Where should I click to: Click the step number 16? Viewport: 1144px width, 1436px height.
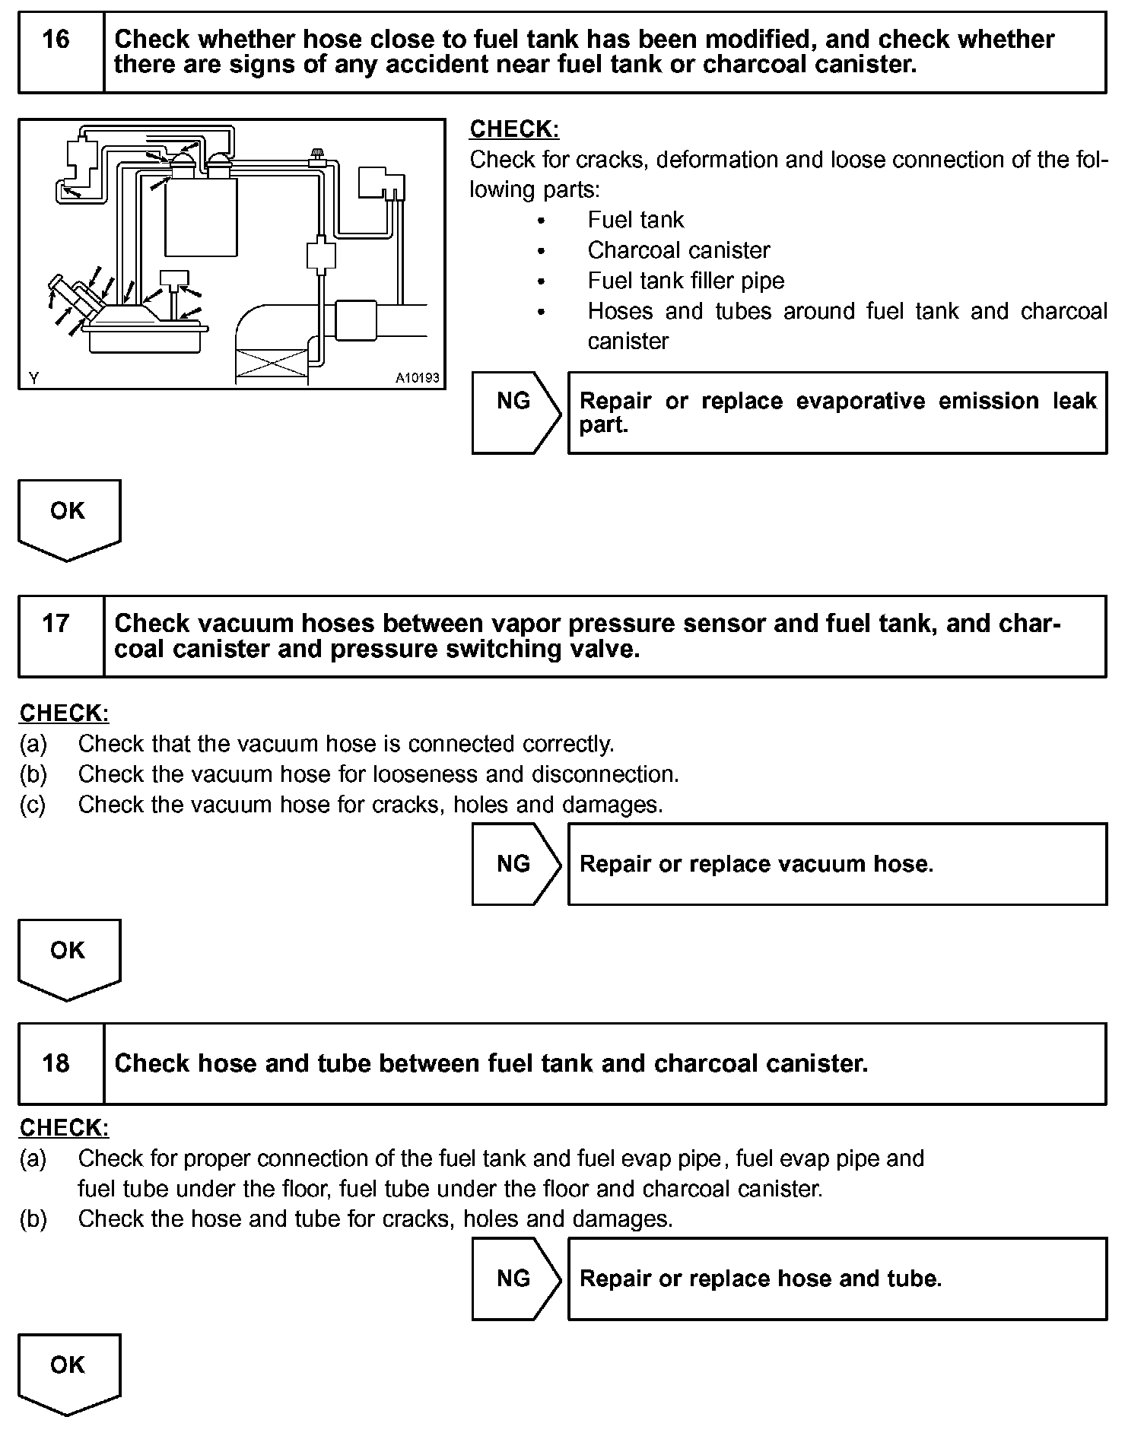click(x=56, y=40)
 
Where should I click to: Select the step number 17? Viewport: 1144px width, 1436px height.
click(x=56, y=624)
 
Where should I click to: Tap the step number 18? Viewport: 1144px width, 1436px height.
click(x=56, y=1063)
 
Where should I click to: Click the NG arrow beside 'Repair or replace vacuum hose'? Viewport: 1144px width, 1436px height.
click(x=515, y=864)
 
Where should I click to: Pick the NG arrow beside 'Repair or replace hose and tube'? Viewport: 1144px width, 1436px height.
click(x=515, y=1279)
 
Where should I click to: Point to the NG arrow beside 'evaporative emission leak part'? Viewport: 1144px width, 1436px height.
click(x=515, y=402)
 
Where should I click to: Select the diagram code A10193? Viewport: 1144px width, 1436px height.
click(x=417, y=378)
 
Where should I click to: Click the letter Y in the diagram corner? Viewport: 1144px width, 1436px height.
click(x=33, y=378)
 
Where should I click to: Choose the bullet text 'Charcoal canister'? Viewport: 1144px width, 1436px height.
click(x=678, y=250)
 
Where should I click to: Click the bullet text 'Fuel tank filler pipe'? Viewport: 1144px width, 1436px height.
click(x=685, y=281)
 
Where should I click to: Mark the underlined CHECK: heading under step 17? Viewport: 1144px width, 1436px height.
click(x=64, y=713)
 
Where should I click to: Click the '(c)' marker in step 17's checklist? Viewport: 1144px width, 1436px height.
click(x=33, y=805)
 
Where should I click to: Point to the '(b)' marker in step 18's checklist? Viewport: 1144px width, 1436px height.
click(x=33, y=1219)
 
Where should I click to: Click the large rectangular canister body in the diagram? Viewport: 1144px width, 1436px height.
click(x=201, y=217)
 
